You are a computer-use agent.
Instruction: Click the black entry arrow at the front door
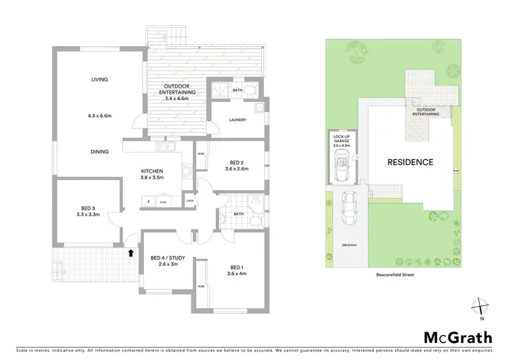(x=131, y=253)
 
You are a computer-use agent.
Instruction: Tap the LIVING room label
(x=100, y=79)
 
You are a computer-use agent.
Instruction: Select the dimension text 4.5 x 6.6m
(x=100, y=116)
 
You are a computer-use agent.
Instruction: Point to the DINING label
(x=100, y=151)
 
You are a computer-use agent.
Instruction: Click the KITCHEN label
(x=151, y=170)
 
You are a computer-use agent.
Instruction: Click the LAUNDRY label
(x=237, y=121)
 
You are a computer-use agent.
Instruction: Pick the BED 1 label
(x=236, y=267)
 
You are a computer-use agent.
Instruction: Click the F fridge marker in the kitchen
(x=148, y=201)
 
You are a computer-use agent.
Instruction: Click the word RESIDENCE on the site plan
(x=410, y=162)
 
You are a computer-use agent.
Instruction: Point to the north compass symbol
(x=481, y=308)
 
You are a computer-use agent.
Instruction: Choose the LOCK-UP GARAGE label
(x=341, y=141)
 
